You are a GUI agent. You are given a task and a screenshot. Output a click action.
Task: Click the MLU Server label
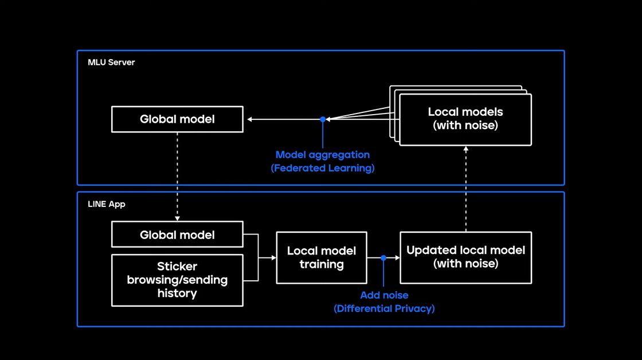click(x=111, y=62)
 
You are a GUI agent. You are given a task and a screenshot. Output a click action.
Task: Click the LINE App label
click(x=106, y=204)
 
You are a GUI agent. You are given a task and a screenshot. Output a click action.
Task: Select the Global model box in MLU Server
click(x=177, y=119)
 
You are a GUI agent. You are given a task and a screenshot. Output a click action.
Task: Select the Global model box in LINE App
click(x=177, y=234)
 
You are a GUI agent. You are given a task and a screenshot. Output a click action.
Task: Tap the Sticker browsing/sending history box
click(x=177, y=280)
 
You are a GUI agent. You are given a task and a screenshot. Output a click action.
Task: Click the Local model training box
click(x=322, y=258)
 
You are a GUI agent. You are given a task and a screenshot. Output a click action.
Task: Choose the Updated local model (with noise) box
click(x=465, y=257)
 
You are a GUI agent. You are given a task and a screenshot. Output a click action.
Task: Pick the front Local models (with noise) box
click(x=465, y=119)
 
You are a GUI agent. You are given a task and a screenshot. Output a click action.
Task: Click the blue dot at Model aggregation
click(x=323, y=119)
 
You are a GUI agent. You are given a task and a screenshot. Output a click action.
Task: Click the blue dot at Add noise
click(x=383, y=258)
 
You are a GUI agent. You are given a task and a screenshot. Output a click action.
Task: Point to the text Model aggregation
click(x=322, y=155)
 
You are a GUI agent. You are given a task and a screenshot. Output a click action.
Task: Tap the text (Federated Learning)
click(x=322, y=168)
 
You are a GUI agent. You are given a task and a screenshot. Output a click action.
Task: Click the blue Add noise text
click(x=384, y=295)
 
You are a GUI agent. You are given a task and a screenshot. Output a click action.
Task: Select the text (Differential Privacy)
click(x=384, y=308)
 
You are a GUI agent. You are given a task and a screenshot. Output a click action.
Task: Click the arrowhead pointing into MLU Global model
click(x=250, y=119)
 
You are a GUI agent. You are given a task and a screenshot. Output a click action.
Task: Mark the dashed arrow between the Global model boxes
click(x=177, y=175)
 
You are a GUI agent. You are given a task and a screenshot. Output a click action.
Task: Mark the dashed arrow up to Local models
click(x=466, y=189)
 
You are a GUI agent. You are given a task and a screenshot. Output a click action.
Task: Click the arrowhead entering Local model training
click(x=273, y=258)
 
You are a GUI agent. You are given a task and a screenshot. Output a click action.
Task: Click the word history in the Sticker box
click(x=177, y=294)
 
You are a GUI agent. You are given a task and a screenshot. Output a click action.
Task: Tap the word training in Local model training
click(x=322, y=265)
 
